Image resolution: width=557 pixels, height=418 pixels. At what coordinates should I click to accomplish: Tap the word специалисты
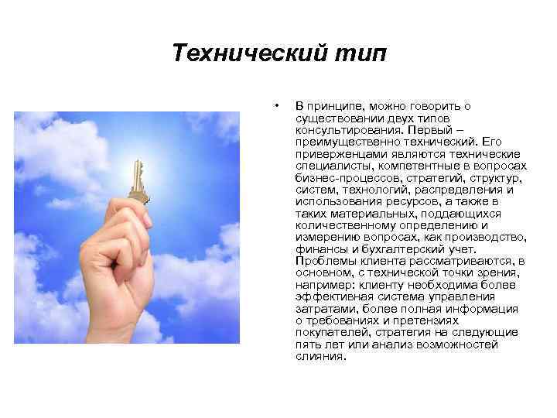click(x=327, y=166)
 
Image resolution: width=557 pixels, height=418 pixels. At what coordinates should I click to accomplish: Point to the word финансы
click(x=317, y=249)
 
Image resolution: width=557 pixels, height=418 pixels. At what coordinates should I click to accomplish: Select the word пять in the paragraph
click(x=307, y=345)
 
